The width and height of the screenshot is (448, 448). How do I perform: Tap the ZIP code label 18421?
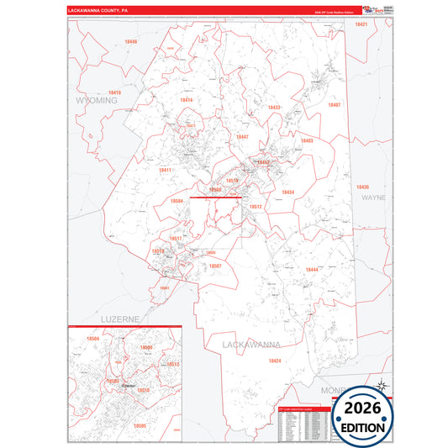(361, 25)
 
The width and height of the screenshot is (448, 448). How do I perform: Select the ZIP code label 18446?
(130, 41)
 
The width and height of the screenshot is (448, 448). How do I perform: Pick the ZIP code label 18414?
(186, 100)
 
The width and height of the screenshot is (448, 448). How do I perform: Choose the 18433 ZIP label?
(274, 108)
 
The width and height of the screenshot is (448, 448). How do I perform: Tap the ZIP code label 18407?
(335, 105)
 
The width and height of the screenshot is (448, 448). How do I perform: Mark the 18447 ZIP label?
(242, 136)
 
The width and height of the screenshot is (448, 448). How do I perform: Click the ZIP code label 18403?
(306, 140)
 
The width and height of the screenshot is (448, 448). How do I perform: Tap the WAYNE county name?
(373, 198)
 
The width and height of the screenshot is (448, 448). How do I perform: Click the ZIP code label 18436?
(362, 187)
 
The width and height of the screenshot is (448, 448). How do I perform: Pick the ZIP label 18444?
(312, 269)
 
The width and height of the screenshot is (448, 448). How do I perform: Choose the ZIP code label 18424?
(274, 361)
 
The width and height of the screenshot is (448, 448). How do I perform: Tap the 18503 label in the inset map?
(112, 380)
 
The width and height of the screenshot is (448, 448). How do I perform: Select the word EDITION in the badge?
(363, 427)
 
